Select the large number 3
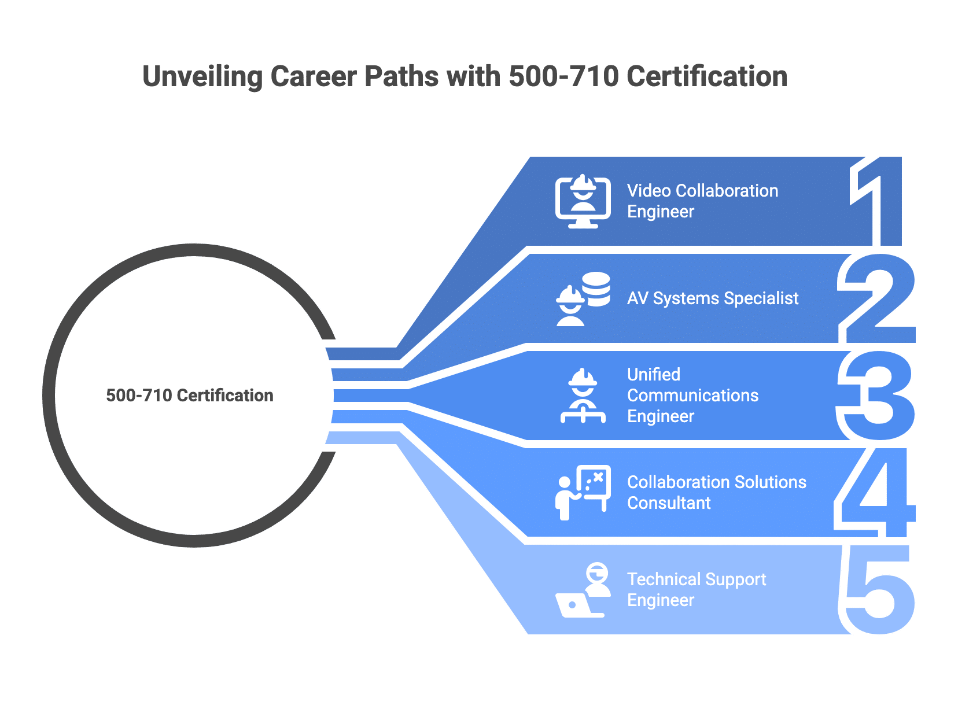pos(878,396)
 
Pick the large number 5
pos(879,590)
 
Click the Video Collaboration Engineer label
pos(702,201)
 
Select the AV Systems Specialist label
pos(712,298)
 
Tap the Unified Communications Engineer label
pos(692,396)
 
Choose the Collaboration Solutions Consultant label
pos(716,493)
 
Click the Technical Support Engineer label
pos(696,590)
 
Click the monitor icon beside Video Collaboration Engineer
pos(583,201)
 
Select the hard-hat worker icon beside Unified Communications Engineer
pos(583,396)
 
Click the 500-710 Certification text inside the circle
pos(190,396)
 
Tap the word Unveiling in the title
pos(202,77)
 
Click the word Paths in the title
pos(401,77)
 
